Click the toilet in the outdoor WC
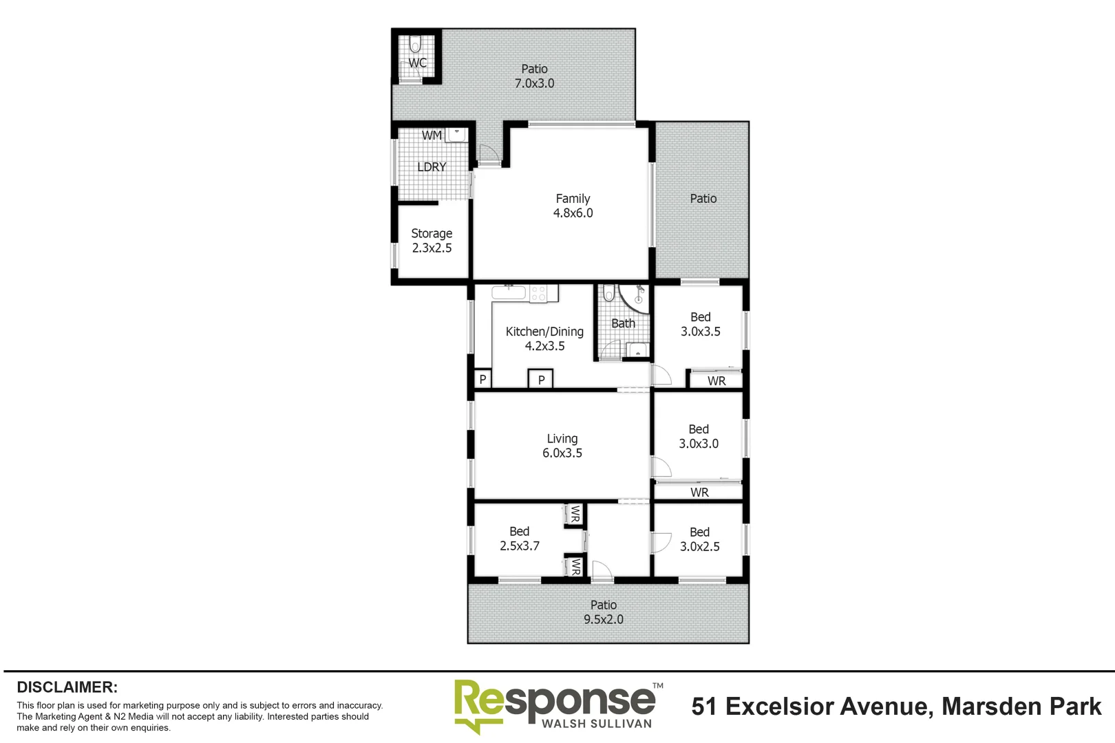414,46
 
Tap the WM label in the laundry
432,136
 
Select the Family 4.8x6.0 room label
573,206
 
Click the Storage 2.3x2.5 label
432,241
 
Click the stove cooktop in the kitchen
538,294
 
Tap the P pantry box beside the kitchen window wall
482,379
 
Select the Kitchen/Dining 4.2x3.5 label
544,338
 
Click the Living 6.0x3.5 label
562,446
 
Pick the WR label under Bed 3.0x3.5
716,380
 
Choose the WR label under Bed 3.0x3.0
699,493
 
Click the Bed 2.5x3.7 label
520,539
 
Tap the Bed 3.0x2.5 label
700,539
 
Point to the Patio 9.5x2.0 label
604,612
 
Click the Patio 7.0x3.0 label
535,76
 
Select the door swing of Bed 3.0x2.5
661,543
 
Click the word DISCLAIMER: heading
67,687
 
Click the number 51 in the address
704,707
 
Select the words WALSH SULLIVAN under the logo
596,724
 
